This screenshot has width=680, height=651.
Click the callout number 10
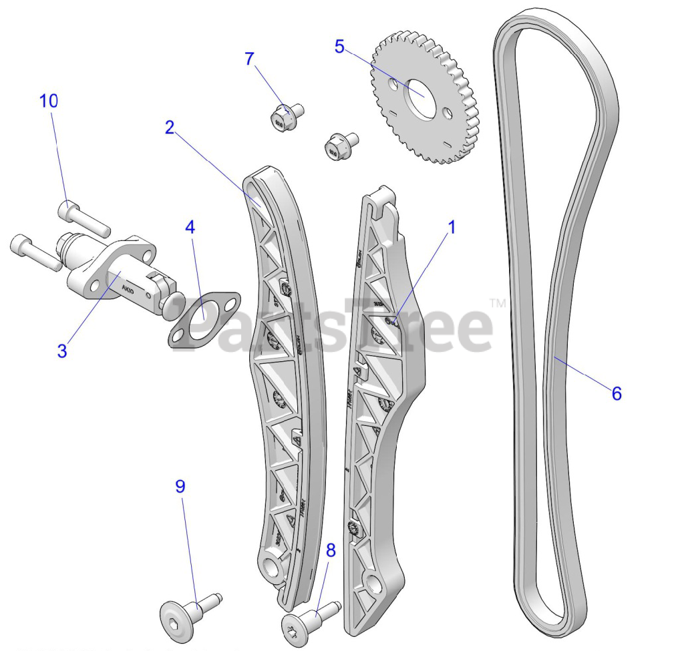coord(49,101)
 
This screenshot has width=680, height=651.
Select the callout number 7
coord(250,59)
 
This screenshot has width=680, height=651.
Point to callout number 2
coord(170,127)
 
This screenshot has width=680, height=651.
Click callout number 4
coord(190,226)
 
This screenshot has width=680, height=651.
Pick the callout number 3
coord(62,351)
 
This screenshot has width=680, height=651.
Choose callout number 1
coord(452,227)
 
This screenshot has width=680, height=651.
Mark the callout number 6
coord(616,393)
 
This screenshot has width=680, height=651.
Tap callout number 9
coord(180,487)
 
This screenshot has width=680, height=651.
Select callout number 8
coord(331,550)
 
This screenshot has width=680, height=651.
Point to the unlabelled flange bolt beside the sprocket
coord(338,145)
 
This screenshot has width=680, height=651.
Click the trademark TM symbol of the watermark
coord(498,304)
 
